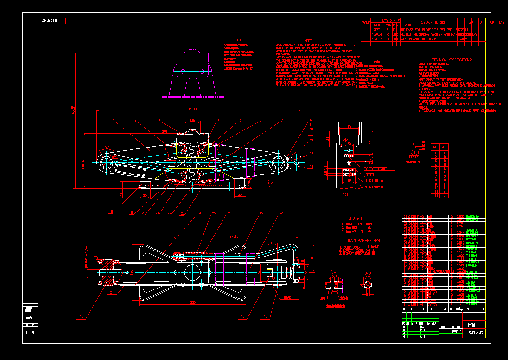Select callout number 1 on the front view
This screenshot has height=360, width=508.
click(x=113, y=121)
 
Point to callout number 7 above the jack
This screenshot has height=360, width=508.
click(x=281, y=121)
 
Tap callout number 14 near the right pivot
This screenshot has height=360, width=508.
click(x=312, y=166)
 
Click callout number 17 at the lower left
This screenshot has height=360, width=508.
click(x=82, y=317)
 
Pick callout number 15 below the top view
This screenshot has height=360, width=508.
click(x=266, y=317)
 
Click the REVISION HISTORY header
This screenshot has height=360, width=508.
click(x=432, y=22)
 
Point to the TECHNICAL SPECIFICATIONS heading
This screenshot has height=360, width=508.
click(x=451, y=60)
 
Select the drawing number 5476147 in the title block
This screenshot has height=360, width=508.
click(x=476, y=333)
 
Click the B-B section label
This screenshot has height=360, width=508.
click(x=367, y=273)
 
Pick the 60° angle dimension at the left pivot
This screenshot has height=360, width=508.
click(x=108, y=148)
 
